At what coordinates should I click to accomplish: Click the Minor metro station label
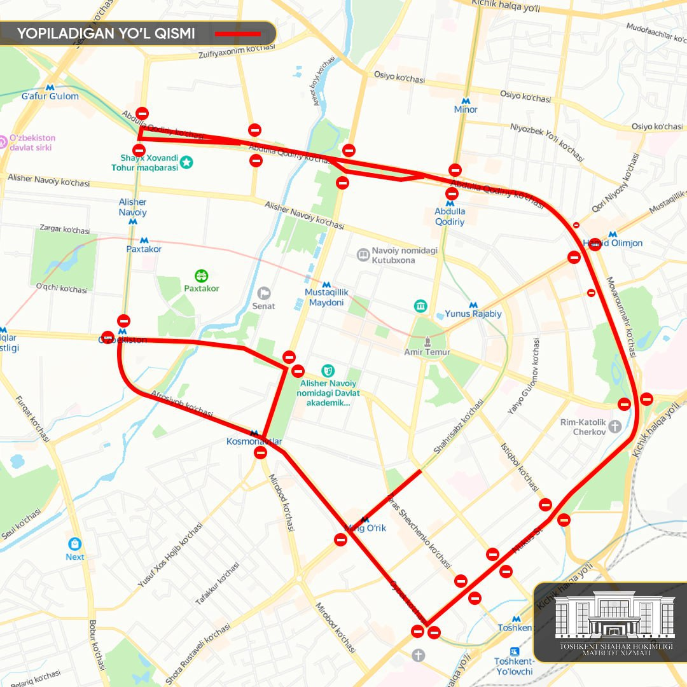[466, 109]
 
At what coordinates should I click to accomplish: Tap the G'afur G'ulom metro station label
[50, 97]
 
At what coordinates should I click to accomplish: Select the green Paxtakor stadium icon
[202, 275]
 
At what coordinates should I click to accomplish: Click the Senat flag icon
[263, 293]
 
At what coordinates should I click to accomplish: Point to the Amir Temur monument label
[427, 352]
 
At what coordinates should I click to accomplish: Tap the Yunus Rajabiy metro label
[473, 314]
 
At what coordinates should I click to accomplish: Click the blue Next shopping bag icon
[75, 545]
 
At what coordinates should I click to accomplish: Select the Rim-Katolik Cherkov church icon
[614, 426]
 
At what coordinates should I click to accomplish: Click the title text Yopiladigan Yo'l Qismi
[106, 34]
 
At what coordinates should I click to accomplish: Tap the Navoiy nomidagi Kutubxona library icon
[363, 255]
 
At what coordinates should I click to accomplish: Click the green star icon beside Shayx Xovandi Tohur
[186, 163]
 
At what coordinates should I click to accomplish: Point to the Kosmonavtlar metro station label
[254, 441]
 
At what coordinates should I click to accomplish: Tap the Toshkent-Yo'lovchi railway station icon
[515, 651]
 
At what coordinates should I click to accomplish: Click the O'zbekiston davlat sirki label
[32, 142]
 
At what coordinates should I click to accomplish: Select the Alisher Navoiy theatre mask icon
[328, 370]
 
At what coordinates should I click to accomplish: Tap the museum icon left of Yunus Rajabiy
[420, 307]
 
